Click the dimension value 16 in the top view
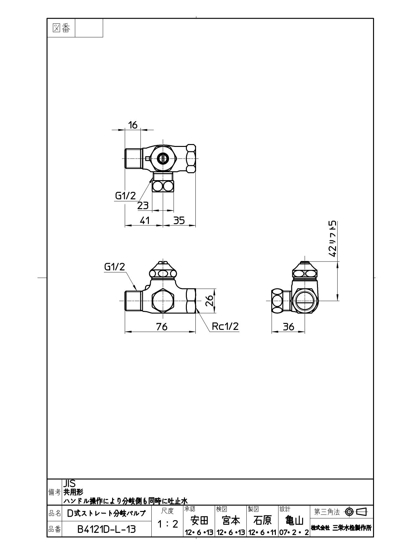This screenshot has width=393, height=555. click(x=133, y=125)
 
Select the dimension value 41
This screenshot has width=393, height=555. click(x=144, y=220)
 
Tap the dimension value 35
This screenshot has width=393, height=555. click(x=179, y=220)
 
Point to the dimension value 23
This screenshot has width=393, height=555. click(x=143, y=206)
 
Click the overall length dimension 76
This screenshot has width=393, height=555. click(x=162, y=326)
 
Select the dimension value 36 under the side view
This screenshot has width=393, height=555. click(x=288, y=326)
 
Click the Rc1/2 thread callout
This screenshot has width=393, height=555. click(x=225, y=326)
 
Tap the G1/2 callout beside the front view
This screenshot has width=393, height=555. click(x=115, y=267)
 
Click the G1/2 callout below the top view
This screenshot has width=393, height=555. click(x=125, y=196)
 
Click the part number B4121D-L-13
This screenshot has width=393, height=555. click(x=107, y=529)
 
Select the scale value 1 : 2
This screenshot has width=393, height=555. click(x=168, y=524)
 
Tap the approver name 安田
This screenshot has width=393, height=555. click(x=199, y=520)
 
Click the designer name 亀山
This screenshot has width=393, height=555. click(x=294, y=520)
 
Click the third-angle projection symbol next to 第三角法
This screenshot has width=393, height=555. click(x=356, y=511)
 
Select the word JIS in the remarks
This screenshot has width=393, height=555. click(x=69, y=483)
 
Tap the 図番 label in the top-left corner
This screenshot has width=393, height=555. click(x=61, y=28)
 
